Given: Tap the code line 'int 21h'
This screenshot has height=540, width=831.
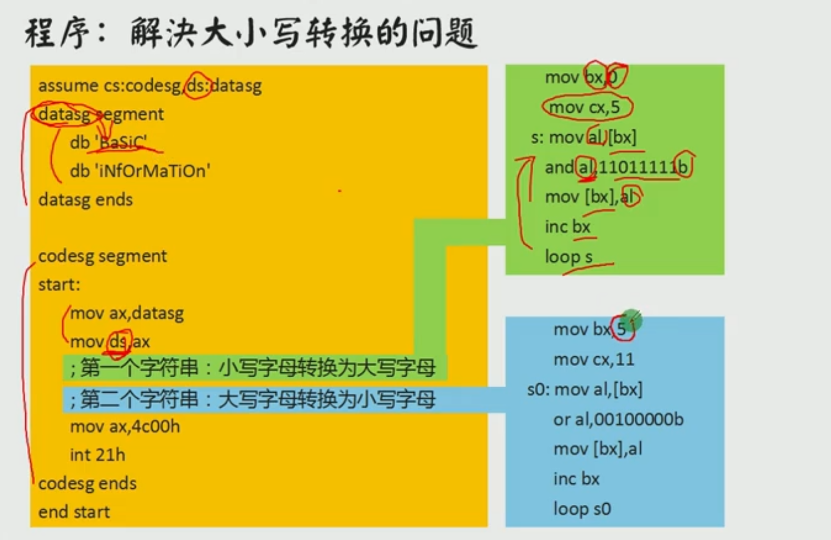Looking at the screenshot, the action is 98,455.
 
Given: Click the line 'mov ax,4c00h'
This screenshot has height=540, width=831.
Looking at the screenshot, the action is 125,427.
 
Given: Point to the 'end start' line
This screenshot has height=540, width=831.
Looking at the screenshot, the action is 74,512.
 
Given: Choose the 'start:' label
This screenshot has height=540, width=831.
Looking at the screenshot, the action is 59,285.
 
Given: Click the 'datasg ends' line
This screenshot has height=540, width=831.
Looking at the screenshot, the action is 86,200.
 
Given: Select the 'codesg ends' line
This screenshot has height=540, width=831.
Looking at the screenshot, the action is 87,483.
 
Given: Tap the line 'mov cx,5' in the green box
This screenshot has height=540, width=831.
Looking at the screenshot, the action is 585,107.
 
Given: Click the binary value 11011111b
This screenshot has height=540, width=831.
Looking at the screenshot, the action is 643,167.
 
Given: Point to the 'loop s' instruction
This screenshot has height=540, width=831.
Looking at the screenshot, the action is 569,257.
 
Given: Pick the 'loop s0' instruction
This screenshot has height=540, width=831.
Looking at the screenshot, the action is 582,509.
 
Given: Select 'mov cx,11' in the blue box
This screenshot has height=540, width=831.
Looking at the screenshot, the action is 594,360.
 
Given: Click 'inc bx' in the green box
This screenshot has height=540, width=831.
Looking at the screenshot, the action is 568,227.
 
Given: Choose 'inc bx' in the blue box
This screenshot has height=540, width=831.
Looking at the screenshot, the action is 577,479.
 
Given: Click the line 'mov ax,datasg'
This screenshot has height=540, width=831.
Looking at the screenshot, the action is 127,313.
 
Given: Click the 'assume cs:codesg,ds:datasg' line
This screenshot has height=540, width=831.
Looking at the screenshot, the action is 150,86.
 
